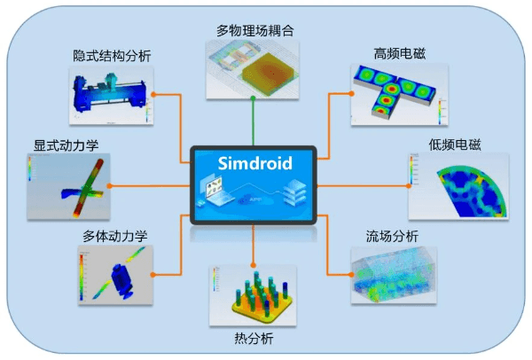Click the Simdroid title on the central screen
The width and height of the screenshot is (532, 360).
pyautogui.click(x=254, y=163)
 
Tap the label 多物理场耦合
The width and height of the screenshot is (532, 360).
pyautogui.click(x=255, y=31)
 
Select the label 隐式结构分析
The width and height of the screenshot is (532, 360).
pyautogui.click(x=112, y=56)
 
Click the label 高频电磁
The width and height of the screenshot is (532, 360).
pyautogui.click(x=400, y=53)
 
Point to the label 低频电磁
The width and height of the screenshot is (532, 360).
pyautogui.click(x=455, y=145)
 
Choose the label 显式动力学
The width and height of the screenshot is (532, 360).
pyautogui.click(x=66, y=145)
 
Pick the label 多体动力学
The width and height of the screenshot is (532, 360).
pyautogui.click(x=115, y=236)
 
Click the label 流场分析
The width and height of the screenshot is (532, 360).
pyautogui.click(x=392, y=236)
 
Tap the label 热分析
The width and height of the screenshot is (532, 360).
pyautogui.click(x=254, y=339)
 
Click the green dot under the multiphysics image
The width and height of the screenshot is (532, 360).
pyautogui.click(x=253, y=98)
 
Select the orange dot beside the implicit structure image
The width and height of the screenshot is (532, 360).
pyautogui.click(x=153, y=94)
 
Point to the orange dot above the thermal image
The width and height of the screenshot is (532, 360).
pyautogui.click(x=253, y=265)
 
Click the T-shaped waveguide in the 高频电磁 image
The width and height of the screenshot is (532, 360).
pyautogui.click(x=395, y=90)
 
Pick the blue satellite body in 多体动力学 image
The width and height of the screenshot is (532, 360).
pyautogui.click(x=121, y=280)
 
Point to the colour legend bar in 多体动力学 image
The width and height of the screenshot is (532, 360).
pyautogui.click(x=82, y=277)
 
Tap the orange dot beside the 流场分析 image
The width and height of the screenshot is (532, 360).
pyautogui.click(x=351, y=275)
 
